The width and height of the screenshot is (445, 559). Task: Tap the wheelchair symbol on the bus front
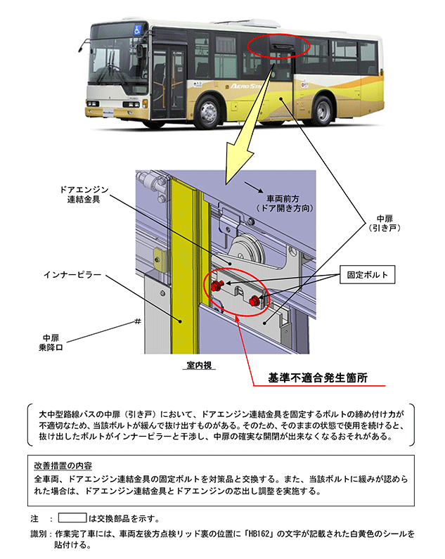point(138,31)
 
